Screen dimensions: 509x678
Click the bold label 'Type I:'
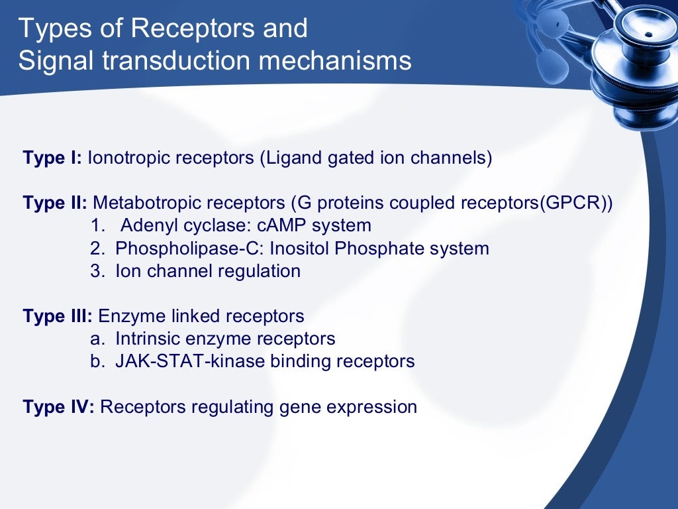click(x=52, y=158)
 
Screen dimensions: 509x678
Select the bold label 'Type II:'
click(x=56, y=203)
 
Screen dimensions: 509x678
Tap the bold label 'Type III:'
click(x=58, y=316)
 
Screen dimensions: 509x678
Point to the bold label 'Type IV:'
click(x=59, y=406)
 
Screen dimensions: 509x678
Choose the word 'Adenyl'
click(x=148, y=225)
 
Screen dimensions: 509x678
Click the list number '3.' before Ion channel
click(x=98, y=271)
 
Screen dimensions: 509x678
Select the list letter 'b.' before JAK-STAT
click(x=98, y=361)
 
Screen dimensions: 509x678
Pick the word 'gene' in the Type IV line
click(x=301, y=406)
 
